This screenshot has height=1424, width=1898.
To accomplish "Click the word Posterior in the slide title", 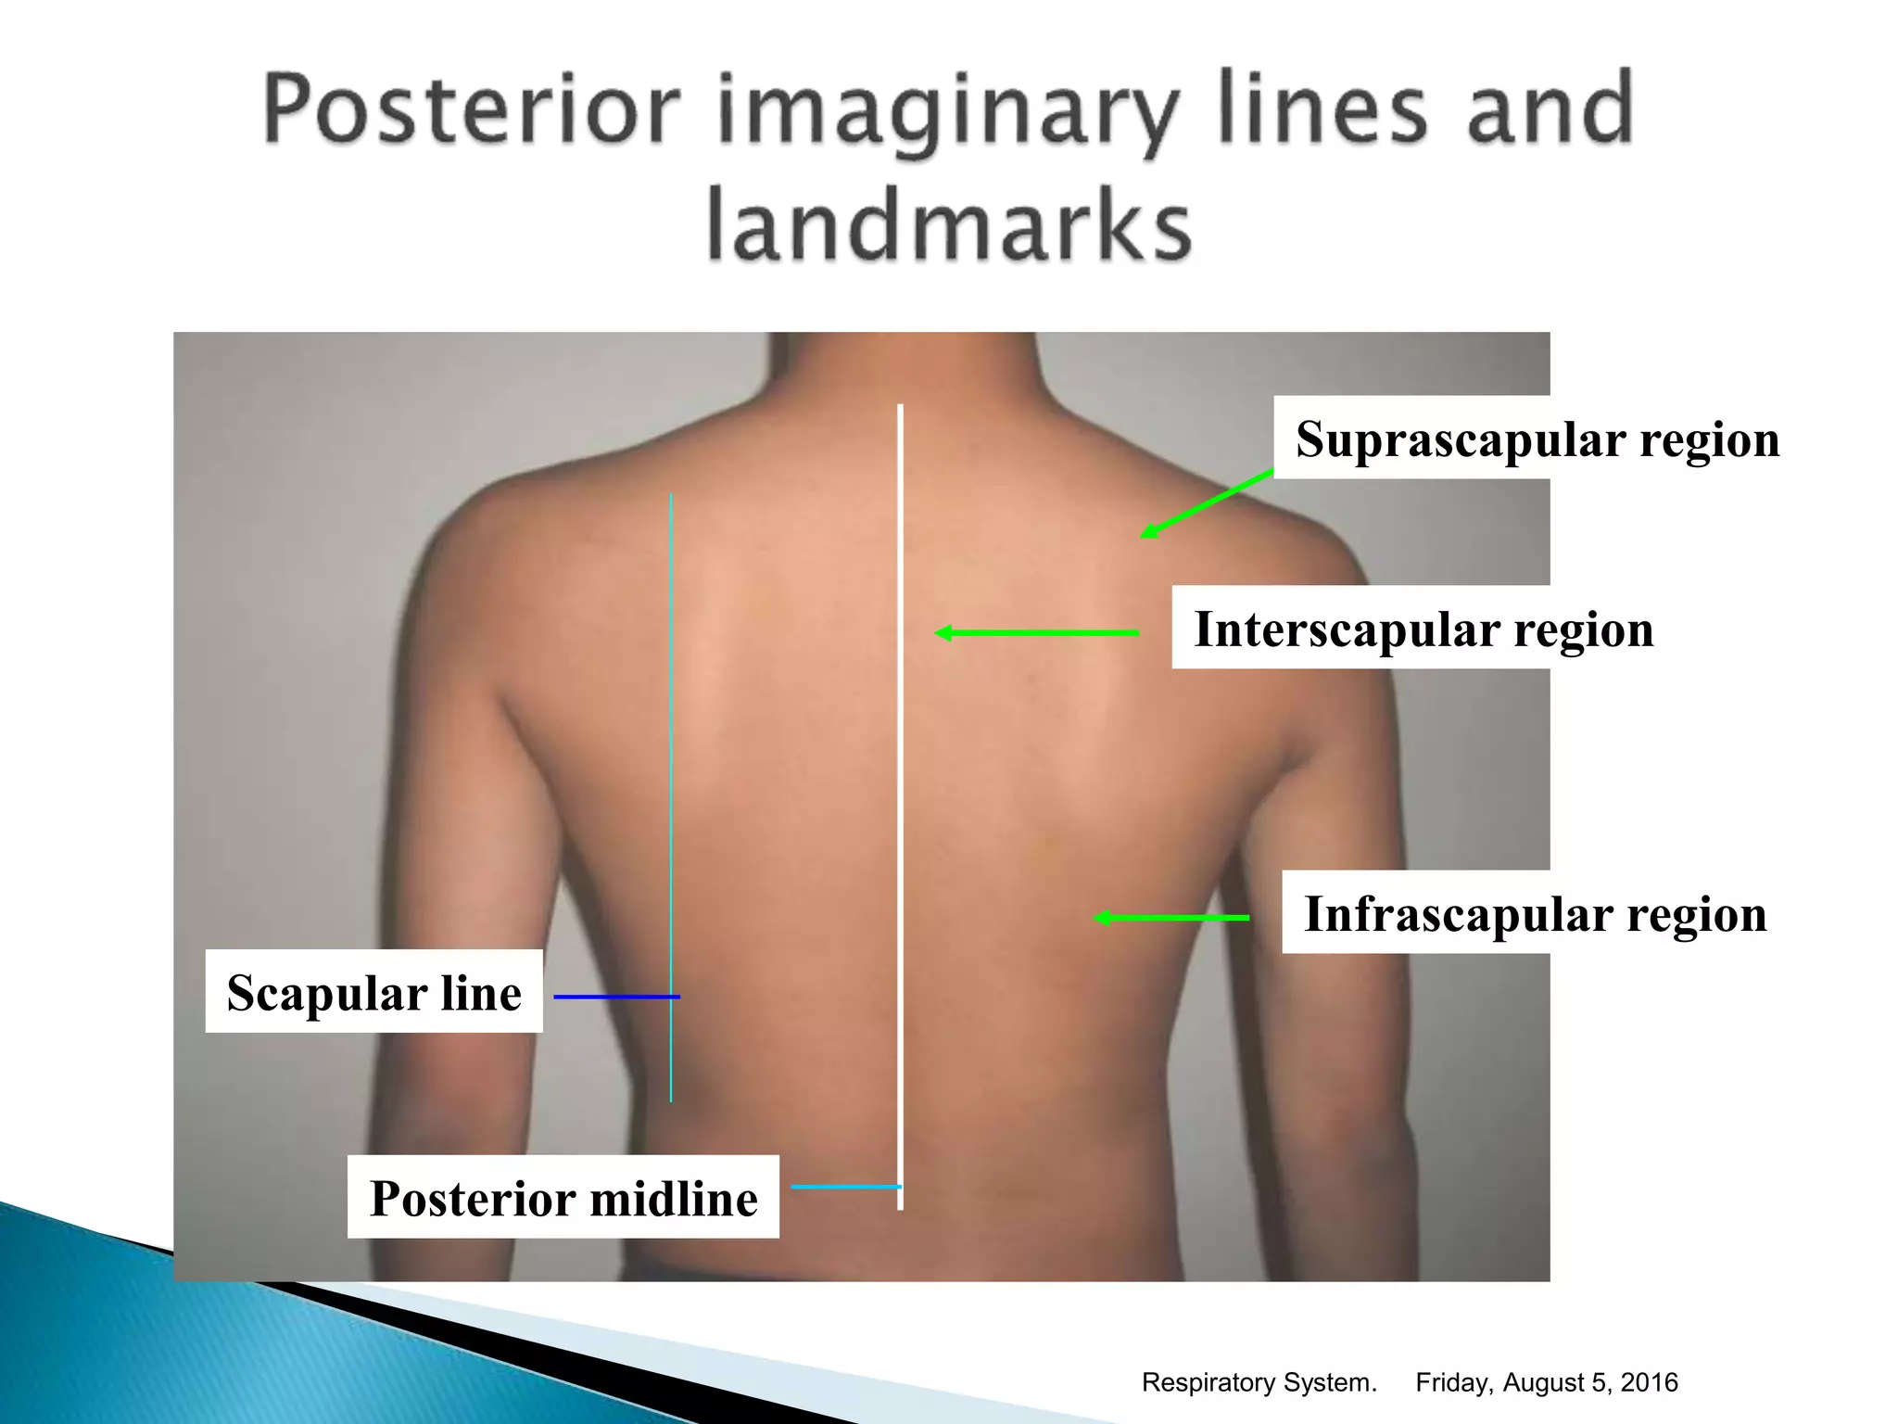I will (473, 111).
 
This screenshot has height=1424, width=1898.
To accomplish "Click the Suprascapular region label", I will (1537, 439).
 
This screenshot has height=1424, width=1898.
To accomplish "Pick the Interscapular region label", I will (1423, 629).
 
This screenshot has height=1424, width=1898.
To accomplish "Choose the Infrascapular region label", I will (1535, 913).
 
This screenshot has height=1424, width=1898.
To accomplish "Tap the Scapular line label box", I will (373, 992).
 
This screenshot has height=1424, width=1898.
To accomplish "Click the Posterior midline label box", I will (563, 1197).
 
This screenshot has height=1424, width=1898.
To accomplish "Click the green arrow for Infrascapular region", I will (1171, 918).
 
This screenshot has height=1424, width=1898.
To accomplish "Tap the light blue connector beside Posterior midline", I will (843, 1187).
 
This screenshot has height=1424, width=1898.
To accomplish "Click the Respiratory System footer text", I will (1259, 1382).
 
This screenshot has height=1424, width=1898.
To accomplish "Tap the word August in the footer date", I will (1543, 1382).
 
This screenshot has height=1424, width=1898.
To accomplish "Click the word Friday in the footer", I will (1452, 1382).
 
